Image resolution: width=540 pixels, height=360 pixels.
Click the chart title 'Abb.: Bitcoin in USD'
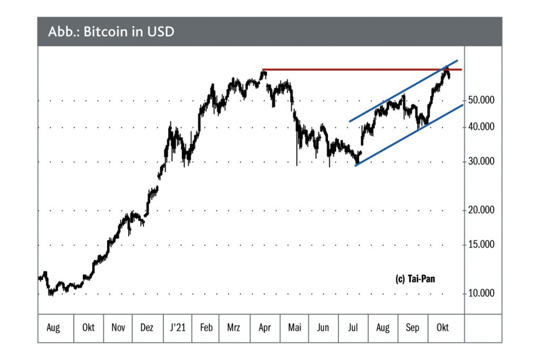point(111,32)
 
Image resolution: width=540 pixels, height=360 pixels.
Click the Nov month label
point(118,328)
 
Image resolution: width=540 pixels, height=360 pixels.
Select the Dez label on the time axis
point(147,328)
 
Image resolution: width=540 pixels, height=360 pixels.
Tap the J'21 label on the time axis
point(177,328)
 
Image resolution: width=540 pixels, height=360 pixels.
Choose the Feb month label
point(207,328)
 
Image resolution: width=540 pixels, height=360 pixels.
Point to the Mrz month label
point(233,328)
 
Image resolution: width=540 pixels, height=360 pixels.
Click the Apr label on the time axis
point(265,328)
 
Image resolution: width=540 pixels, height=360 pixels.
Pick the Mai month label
point(294,328)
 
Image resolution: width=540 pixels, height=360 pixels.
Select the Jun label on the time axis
point(323,328)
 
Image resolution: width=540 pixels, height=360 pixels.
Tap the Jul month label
point(353,328)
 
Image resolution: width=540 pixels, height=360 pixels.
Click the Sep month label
point(412,328)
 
